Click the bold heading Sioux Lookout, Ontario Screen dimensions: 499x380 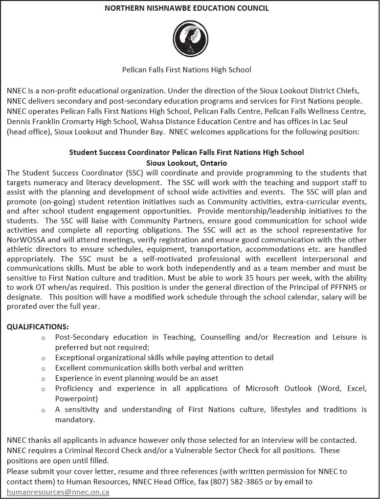[186, 162]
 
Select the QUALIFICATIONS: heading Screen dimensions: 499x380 [38, 326]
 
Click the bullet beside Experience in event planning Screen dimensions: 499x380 [44, 379]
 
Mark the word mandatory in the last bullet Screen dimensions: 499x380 [74, 419]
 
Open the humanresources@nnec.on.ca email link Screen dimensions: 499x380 [58, 492]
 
